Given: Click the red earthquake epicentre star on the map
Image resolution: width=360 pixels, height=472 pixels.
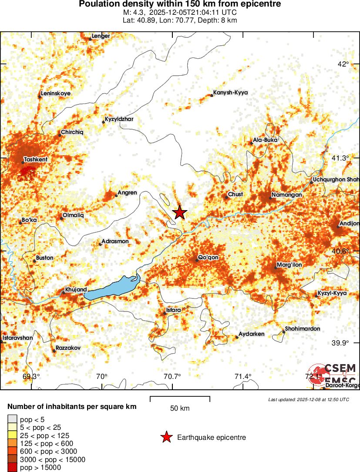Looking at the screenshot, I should [180, 212].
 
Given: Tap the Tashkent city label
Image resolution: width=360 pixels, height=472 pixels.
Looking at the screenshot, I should [36, 160].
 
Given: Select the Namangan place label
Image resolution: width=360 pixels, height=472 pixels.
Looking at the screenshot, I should [284, 194].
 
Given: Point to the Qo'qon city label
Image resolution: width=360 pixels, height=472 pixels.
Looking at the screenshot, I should [208, 258].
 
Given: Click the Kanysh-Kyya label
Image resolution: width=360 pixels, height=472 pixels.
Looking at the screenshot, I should [230, 93].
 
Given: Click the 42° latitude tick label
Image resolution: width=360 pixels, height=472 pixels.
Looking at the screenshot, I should [343, 64].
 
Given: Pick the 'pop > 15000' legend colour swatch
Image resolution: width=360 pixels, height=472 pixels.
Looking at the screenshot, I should [12, 468].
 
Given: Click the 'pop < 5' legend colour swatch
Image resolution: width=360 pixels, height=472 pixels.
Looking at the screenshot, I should [12, 419].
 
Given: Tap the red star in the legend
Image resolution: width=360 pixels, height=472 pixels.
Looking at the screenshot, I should [166, 438].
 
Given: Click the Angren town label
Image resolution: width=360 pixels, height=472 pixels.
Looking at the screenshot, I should [127, 193].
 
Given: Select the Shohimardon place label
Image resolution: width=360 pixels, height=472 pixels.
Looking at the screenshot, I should [303, 328].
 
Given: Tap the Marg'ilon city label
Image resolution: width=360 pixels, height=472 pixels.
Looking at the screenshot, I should [289, 264].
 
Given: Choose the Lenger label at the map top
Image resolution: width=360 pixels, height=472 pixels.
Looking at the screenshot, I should [101, 36].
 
